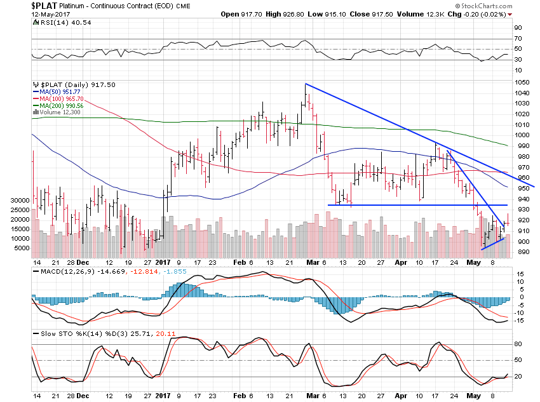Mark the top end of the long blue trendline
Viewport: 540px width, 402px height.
coord(306,84)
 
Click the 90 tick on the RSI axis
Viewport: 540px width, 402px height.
coord(518,27)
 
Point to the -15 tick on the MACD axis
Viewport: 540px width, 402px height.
coord(519,320)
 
